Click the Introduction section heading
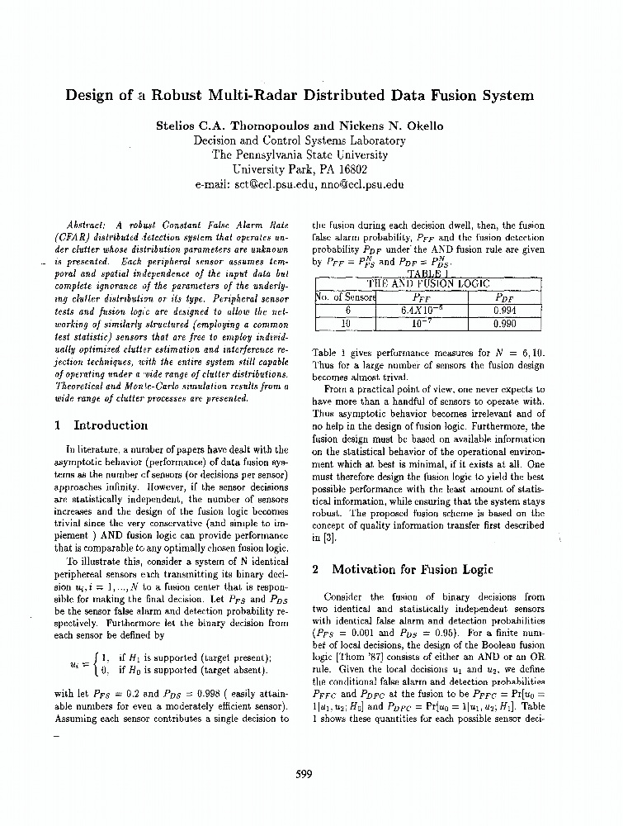[110, 425]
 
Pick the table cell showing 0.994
[503, 311]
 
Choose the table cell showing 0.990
[503, 325]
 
